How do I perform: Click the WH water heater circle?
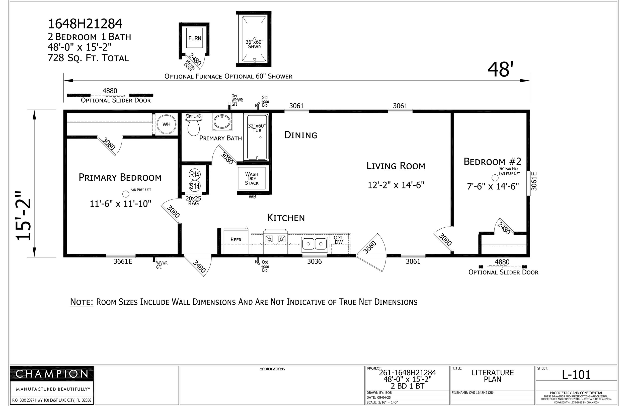(167, 124)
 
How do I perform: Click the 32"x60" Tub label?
(257, 128)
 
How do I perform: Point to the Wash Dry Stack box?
(252, 178)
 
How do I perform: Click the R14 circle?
(195, 174)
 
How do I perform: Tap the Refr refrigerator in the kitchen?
(236, 241)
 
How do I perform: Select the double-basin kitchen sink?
(315, 243)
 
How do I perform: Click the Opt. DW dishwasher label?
(339, 240)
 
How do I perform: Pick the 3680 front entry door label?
(370, 247)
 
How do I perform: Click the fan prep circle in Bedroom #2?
(495, 178)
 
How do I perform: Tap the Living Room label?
(396, 166)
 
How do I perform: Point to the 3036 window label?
(315, 261)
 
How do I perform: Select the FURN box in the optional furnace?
(195, 38)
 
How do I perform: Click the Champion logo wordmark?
(52, 374)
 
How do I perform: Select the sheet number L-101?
(576, 375)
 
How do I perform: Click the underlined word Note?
(82, 302)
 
